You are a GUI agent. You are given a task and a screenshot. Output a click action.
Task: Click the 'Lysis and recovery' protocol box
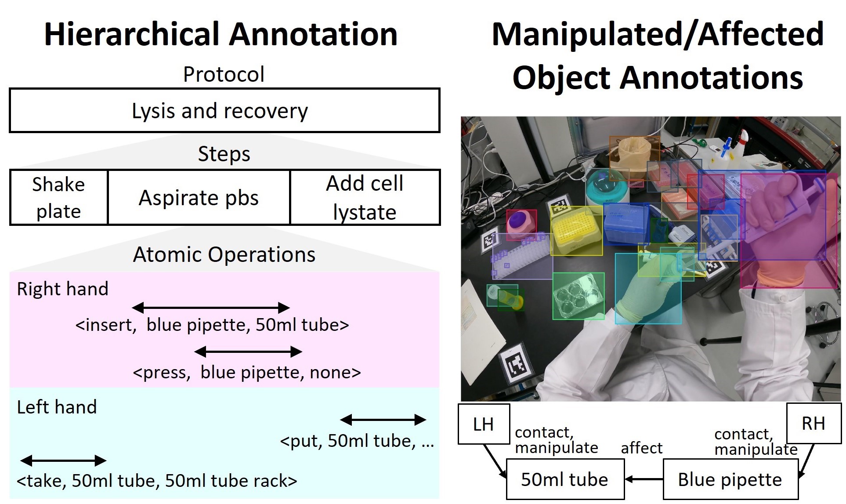pyautogui.click(x=224, y=110)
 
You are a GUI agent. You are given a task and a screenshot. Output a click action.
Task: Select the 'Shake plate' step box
pyautogui.click(x=58, y=197)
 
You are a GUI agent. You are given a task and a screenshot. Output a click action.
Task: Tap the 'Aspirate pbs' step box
pyautogui.click(x=199, y=197)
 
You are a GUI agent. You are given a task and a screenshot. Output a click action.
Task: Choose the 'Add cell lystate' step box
pyautogui.click(x=365, y=197)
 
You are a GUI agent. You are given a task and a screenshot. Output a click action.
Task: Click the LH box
pyautogui.click(x=484, y=424)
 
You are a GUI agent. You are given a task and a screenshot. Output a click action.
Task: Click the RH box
pyautogui.click(x=813, y=423)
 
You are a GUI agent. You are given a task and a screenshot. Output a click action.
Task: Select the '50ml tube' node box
pyautogui.click(x=564, y=479)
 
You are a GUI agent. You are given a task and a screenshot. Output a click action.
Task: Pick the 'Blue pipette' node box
pyautogui.click(x=730, y=479)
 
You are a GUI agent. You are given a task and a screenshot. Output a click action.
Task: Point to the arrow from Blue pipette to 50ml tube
pyautogui.click(x=644, y=479)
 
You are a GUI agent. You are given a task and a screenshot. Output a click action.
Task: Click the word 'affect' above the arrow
pyautogui.click(x=641, y=448)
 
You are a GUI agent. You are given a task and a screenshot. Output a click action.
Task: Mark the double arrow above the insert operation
pyautogui.click(x=211, y=308)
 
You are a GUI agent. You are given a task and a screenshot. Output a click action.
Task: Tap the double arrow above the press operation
pyautogui.click(x=248, y=352)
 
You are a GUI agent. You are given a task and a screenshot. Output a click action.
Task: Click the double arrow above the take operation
pyautogui.click(x=63, y=460)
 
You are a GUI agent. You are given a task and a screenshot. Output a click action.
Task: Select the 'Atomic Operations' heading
pyautogui.click(x=224, y=254)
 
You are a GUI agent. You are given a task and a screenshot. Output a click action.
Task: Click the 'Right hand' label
pyautogui.click(x=62, y=289)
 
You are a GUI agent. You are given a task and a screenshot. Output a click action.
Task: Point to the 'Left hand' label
pyautogui.click(x=57, y=407)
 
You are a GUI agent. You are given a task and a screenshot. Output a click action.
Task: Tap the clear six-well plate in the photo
pyautogui.click(x=578, y=296)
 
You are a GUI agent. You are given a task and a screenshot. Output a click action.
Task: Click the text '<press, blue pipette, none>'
pyautogui.click(x=246, y=373)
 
